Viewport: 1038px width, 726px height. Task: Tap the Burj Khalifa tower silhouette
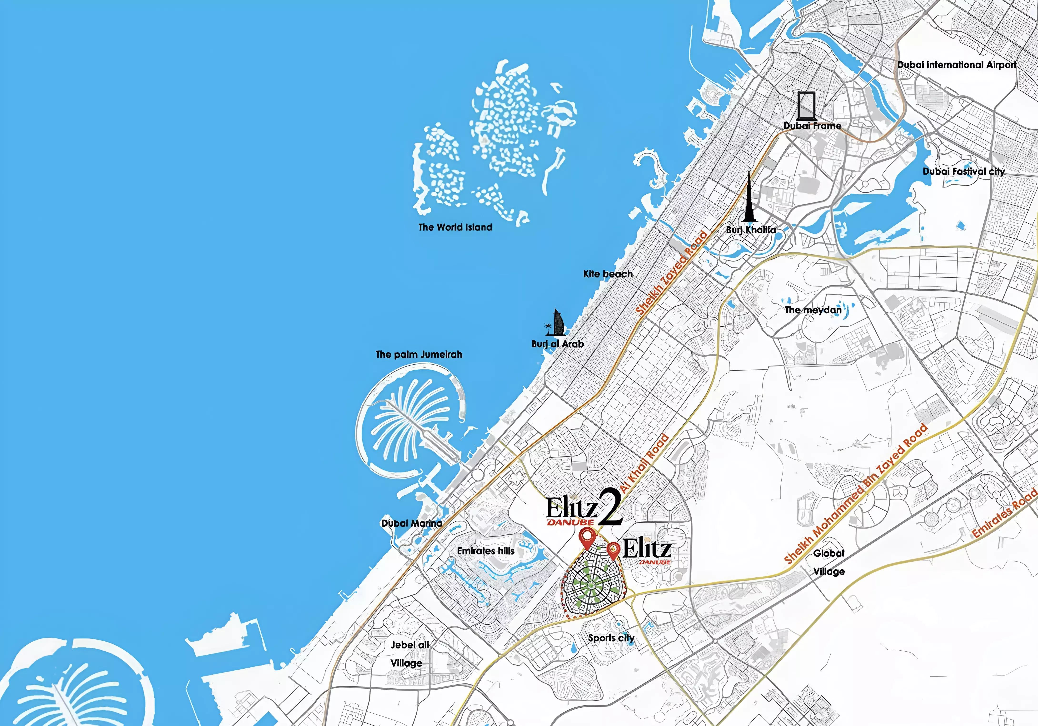point(749,199)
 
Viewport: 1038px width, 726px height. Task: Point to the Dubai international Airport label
point(957,65)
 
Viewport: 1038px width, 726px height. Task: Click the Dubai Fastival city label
point(963,171)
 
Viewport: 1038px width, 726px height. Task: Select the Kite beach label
point(608,274)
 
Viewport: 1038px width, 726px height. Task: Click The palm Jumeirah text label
point(419,354)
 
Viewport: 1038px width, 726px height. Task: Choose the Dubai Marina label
point(411,523)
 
